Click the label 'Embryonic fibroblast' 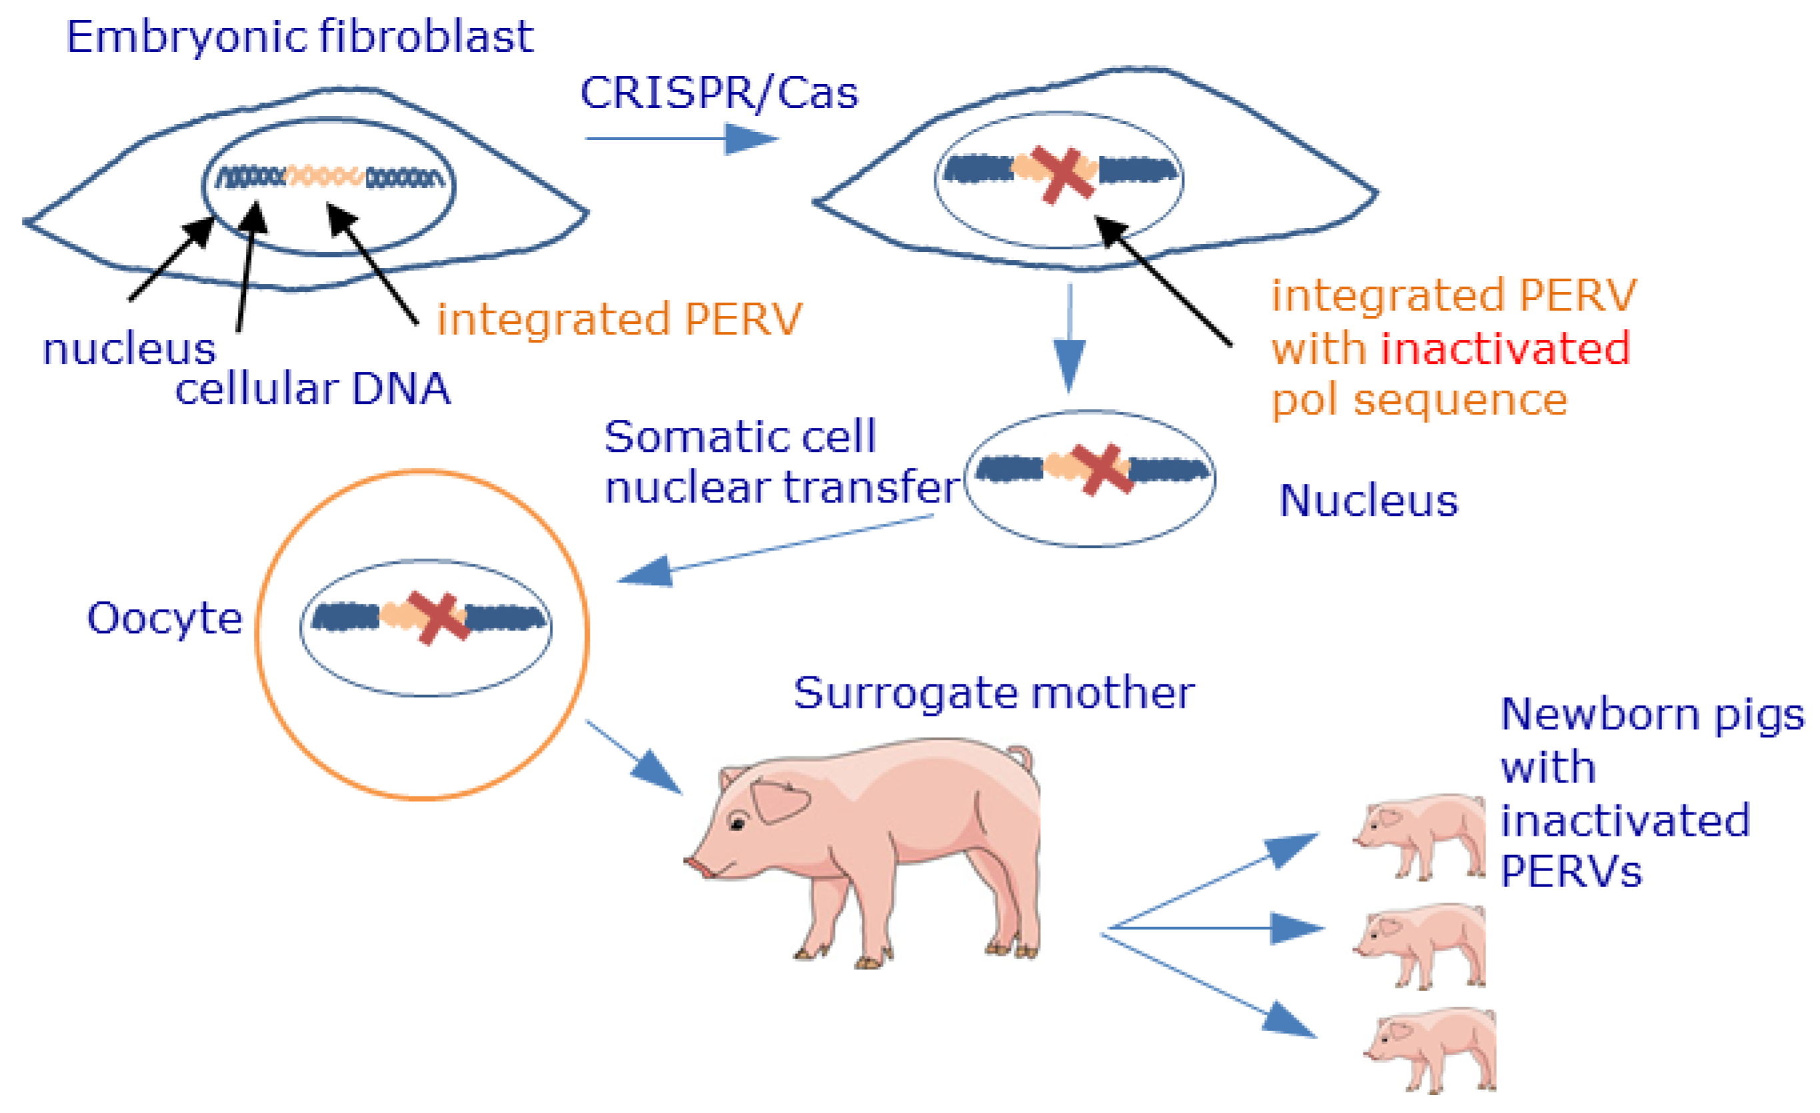pyautogui.click(x=299, y=37)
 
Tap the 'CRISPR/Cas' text pyautogui.click(x=718, y=94)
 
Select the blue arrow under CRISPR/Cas pyautogui.click(x=681, y=138)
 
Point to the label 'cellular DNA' pyautogui.click(x=313, y=389)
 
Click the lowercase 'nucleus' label pyautogui.click(x=129, y=349)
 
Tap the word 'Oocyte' pyautogui.click(x=165, y=618)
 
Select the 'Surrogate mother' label pyautogui.click(x=994, y=692)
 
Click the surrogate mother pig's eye pyautogui.click(x=737, y=822)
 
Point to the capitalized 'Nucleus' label pyautogui.click(x=1368, y=501)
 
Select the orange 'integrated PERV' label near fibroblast pyautogui.click(x=619, y=319)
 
